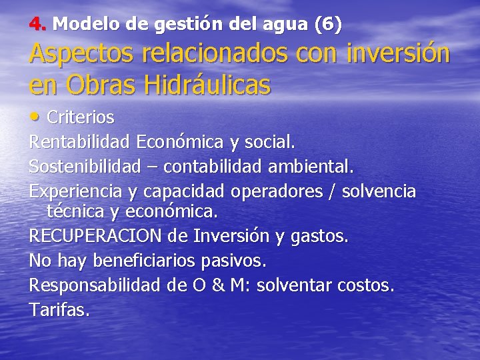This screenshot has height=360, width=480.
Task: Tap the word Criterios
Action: coord(80,118)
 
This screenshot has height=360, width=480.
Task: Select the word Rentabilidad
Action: coord(80,141)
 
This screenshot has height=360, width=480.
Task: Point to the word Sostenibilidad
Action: coord(85,165)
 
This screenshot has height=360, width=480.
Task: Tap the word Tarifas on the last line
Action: coord(58,310)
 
